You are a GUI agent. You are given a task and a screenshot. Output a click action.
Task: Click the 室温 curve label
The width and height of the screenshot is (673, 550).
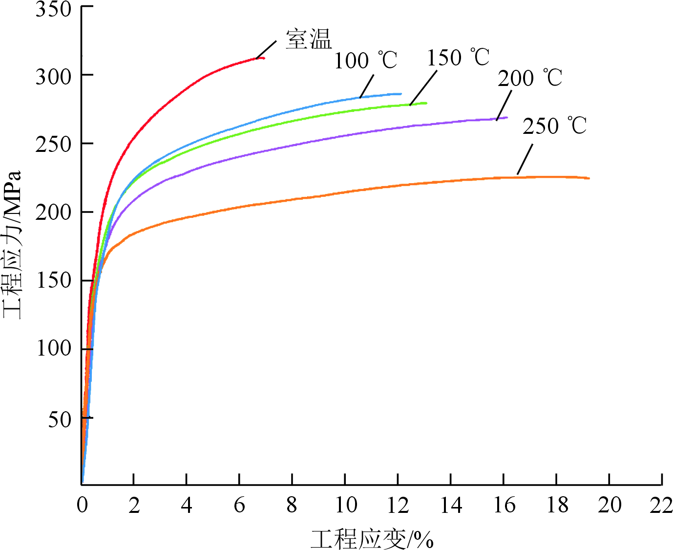click(309, 39)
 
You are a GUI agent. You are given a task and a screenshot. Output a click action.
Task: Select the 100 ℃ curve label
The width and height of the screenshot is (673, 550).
click(365, 61)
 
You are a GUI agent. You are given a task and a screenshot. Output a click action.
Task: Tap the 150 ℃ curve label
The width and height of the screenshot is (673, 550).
click(458, 58)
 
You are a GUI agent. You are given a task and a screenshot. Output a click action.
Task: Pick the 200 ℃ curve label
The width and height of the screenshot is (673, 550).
click(530, 78)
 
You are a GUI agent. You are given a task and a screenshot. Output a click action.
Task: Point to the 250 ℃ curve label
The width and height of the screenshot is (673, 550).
click(554, 126)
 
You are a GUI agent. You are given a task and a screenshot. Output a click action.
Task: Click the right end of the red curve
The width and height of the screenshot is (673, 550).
click(264, 58)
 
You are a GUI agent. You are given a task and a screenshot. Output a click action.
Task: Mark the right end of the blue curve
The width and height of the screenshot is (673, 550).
click(400, 94)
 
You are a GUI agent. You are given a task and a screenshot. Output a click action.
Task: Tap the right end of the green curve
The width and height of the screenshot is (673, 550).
click(426, 103)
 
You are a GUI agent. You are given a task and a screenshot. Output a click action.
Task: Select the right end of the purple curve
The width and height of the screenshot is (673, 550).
click(507, 118)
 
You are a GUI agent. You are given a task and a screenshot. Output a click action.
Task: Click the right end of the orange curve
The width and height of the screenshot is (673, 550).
click(589, 178)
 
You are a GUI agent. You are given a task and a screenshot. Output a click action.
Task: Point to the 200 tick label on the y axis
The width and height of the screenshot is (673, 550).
click(53, 212)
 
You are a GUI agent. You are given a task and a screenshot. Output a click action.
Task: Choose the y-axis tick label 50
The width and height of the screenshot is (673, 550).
click(60, 419)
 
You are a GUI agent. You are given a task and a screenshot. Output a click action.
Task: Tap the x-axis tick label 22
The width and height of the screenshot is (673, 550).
click(661, 506)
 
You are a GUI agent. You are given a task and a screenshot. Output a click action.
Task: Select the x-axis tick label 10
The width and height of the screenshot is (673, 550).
click(345, 506)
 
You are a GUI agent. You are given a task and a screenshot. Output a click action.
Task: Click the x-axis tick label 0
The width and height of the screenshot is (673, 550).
click(82, 506)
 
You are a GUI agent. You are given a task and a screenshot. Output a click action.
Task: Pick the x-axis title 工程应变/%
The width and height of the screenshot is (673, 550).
click(372, 539)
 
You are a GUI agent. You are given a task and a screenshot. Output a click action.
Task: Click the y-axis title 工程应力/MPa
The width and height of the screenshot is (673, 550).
click(13, 244)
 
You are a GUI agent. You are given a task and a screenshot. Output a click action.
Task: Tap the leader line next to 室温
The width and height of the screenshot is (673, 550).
click(267, 49)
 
